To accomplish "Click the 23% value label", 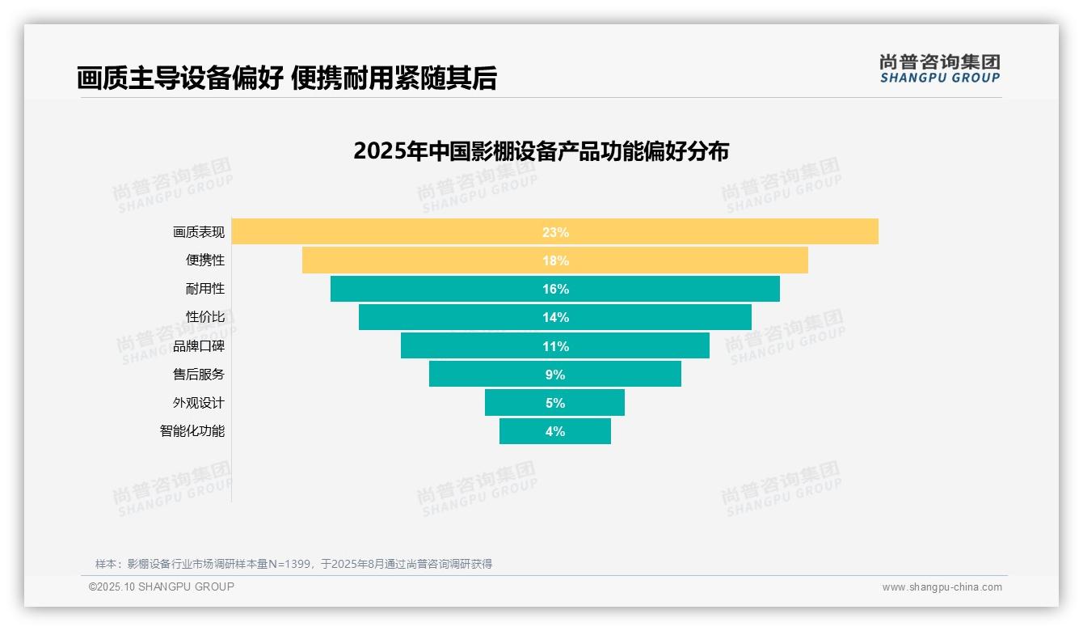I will click(555, 232).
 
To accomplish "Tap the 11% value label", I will click(555, 346).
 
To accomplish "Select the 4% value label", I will click(555, 431).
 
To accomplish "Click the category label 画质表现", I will click(199, 232).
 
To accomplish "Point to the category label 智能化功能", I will click(192, 431).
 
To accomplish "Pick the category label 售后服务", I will click(199, 375).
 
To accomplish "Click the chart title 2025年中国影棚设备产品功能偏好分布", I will click(541, 151).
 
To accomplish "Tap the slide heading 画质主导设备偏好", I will click(179, 78).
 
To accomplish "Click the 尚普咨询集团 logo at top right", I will click(939, 68).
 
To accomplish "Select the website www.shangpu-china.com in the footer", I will click(942, 587).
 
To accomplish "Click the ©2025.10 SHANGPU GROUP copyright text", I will click(162, 587).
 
